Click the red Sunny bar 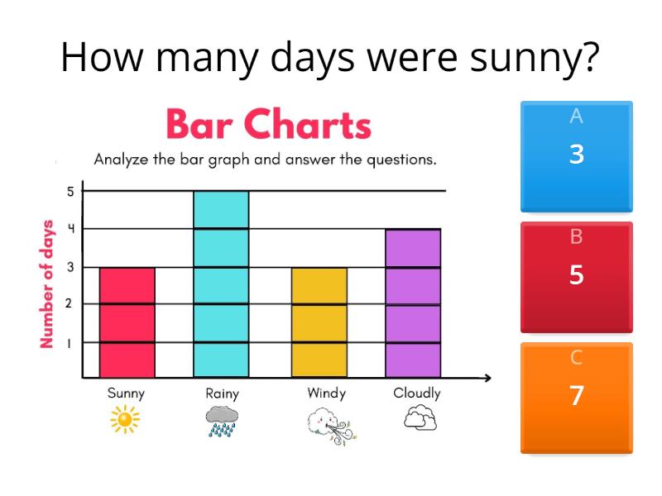tap(127, 322)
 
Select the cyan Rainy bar tap(221, 284)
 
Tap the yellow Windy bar tap(319, 322)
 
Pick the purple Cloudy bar tap(412, 303)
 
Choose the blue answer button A tap(576, 156)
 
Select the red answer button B tap(576, 277)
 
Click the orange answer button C tap(576, 398)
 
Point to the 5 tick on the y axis tap(71, 191)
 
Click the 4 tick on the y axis tap(71, 229)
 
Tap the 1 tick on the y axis tap(71, 341)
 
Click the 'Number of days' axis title tap(47, 284)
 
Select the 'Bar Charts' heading tap(269, 126)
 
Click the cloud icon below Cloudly tap(420, 419)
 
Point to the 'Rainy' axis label tap(222, 394)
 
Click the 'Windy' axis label tap(326, 393)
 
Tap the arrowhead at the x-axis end tap(487, 379)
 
